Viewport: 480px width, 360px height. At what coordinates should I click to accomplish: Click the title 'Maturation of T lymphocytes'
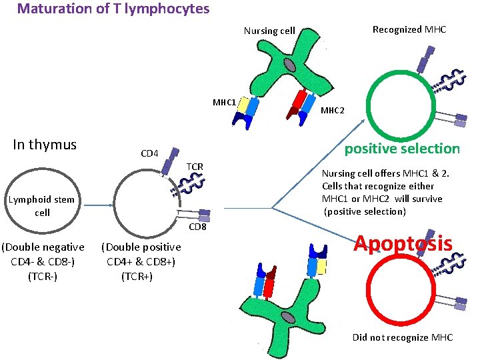(113, 9)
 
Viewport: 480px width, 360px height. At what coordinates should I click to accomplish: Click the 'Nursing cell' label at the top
(269, 31)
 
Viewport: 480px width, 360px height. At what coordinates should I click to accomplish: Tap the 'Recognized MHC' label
(409, 29)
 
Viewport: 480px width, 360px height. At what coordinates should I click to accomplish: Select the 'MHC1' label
(224, 102)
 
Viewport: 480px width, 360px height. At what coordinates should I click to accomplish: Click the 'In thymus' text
(45, 145)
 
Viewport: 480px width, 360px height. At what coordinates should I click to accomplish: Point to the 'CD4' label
(149, 154)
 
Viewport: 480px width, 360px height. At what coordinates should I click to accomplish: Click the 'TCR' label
(195, 166)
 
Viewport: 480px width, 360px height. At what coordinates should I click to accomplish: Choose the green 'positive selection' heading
(402, 148)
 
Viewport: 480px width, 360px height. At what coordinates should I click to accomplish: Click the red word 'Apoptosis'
(403, 243)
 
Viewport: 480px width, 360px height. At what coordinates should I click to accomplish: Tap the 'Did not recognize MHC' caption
(403, 337)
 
